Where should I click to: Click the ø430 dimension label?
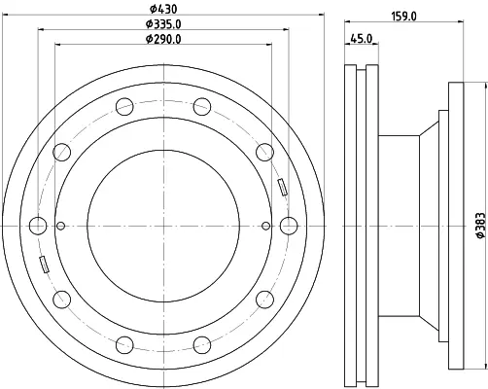(x=163, y=9)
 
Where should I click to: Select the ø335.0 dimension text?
(x=163, y=23)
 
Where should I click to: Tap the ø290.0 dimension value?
(x=163, y=39)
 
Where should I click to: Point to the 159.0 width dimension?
(x=403, y=16)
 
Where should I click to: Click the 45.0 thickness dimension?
(x=362, y=39)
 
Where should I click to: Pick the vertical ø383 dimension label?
(x=480, y=226)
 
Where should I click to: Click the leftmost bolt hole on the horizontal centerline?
(x=38, y=226)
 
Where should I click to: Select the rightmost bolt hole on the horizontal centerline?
(x=289, y=226)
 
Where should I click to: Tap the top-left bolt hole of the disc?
(x=124, y=106)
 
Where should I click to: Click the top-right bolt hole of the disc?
(x=202, y=106)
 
